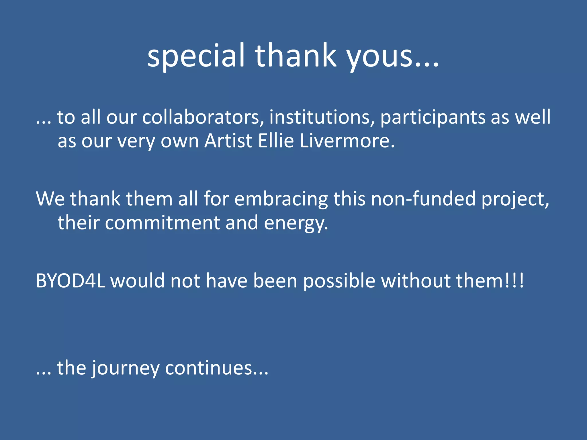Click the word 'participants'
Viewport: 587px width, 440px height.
433,117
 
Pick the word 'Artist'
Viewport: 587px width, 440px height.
228,141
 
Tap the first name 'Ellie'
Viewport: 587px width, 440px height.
276,141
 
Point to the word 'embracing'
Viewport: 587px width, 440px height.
281,199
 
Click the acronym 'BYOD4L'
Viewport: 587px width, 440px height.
71,281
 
